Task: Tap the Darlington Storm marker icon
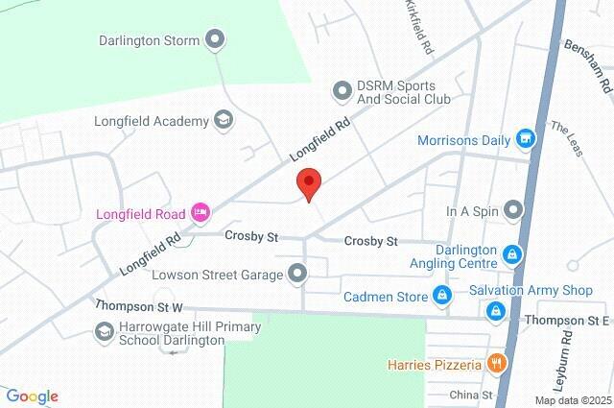(x=215, y=40)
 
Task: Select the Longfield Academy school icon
(x=223, y=120)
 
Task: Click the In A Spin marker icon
(x=514, y=209)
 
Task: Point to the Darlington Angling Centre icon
(x=514, y=253)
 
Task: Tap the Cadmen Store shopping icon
(x=442, y=296)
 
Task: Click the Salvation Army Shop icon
(x=496, y=310)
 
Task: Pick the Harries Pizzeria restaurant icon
(x=496, y=364)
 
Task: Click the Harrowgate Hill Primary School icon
(x=104, y=332)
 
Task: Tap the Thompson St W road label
(x=139, y=307)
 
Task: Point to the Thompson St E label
(x=567, y=320)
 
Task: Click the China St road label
(x=471, y=395)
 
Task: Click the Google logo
(x=32, y=396)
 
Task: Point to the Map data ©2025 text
(x=573, y=400)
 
